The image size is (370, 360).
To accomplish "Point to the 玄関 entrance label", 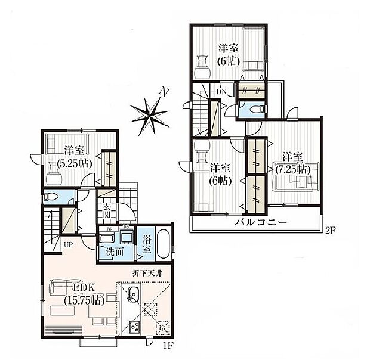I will tap(107, 210).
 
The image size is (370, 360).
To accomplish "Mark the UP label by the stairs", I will tap(69, 244).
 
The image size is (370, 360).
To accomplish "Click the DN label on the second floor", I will tap(221, 92).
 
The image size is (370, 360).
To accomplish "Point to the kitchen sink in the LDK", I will tap(134, 294).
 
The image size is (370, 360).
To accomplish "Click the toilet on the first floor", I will tap(50, 197).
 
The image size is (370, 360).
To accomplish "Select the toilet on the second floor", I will tap(250, 109).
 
